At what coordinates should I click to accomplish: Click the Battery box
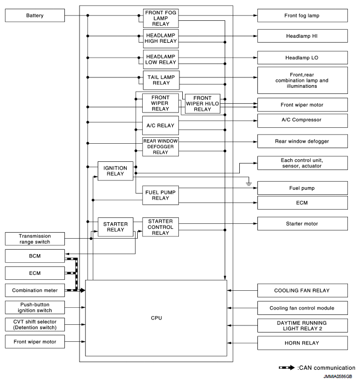(35, 15)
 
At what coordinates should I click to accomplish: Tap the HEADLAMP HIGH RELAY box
(160, 36)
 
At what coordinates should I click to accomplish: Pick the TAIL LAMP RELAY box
(160, 80)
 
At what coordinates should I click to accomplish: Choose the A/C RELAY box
(160, 126)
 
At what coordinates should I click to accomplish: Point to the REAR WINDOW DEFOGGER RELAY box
(160, 147)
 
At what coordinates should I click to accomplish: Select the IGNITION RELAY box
(115, 171)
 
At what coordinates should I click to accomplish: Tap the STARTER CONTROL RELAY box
(160, 227)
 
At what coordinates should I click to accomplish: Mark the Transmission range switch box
(35, 239)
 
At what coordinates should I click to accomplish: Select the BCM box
(35, 256)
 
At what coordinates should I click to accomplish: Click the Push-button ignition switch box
(35, 307)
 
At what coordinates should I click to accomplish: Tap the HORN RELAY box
(302, 343)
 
